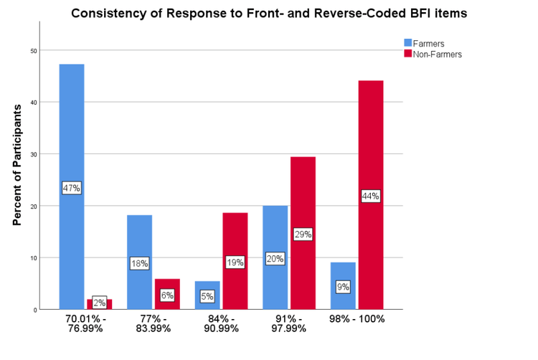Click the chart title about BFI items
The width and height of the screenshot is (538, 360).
(x=263, y=13)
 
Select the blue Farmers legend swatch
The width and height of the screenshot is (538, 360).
(x=408, y=43)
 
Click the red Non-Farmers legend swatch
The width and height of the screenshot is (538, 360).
(x=408, y=54)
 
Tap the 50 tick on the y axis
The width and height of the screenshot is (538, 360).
(x=33, y=50)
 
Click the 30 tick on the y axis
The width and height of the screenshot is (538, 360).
(x=33, y=154)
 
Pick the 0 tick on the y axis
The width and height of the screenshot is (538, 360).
(x=34, y=310)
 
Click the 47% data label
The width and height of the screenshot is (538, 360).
(x=72, y=188)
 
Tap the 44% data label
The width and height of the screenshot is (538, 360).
(x=370, y=196)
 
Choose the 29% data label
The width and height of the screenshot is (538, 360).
(x=302, y=234)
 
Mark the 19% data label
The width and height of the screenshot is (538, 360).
(x=235, y=262)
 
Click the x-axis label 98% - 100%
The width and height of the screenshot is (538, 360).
(x=357, y=319)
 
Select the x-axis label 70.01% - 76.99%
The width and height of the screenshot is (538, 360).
(x=85, y=323)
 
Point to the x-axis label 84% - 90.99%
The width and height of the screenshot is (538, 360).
(x=220, y=323)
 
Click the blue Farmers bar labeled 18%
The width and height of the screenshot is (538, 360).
(x=139, y=237)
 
